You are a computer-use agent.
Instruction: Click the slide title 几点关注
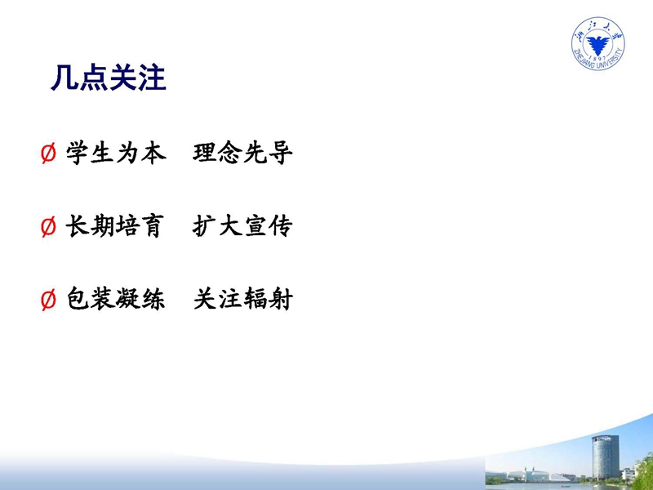(109, 78)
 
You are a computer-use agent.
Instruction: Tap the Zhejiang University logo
(598, 43)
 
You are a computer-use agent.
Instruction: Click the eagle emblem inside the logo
(598, 44)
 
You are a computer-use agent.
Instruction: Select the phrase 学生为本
(116, 153)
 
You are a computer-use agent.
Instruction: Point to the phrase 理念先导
(242, 153)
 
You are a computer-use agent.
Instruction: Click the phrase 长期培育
(115, 226)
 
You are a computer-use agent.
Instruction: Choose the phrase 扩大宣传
(242, 226)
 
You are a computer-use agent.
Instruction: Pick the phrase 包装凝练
(116, 299)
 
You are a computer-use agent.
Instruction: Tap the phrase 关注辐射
(243, 299)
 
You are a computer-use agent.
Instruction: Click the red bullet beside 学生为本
(48, 154)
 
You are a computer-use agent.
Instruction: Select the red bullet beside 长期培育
(48, 227)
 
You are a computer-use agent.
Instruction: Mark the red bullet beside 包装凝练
(48, 300)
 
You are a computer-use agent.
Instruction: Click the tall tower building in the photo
(606, 457)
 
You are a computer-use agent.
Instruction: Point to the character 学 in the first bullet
(78, 153)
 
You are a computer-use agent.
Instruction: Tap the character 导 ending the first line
(281, 153)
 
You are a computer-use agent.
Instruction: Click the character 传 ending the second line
(281, 226)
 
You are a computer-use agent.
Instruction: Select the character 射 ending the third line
(281, 299)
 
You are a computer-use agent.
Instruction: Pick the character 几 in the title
(64, 78)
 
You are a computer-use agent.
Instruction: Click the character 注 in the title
(153, 78)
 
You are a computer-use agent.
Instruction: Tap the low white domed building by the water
(537, 475)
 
